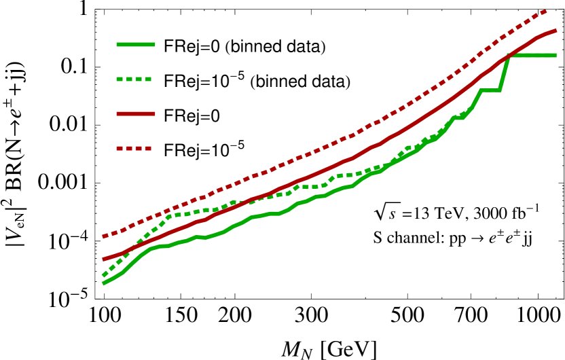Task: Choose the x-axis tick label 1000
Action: click(x=538, y=316)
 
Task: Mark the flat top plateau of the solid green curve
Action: click(x=534, y=55)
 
